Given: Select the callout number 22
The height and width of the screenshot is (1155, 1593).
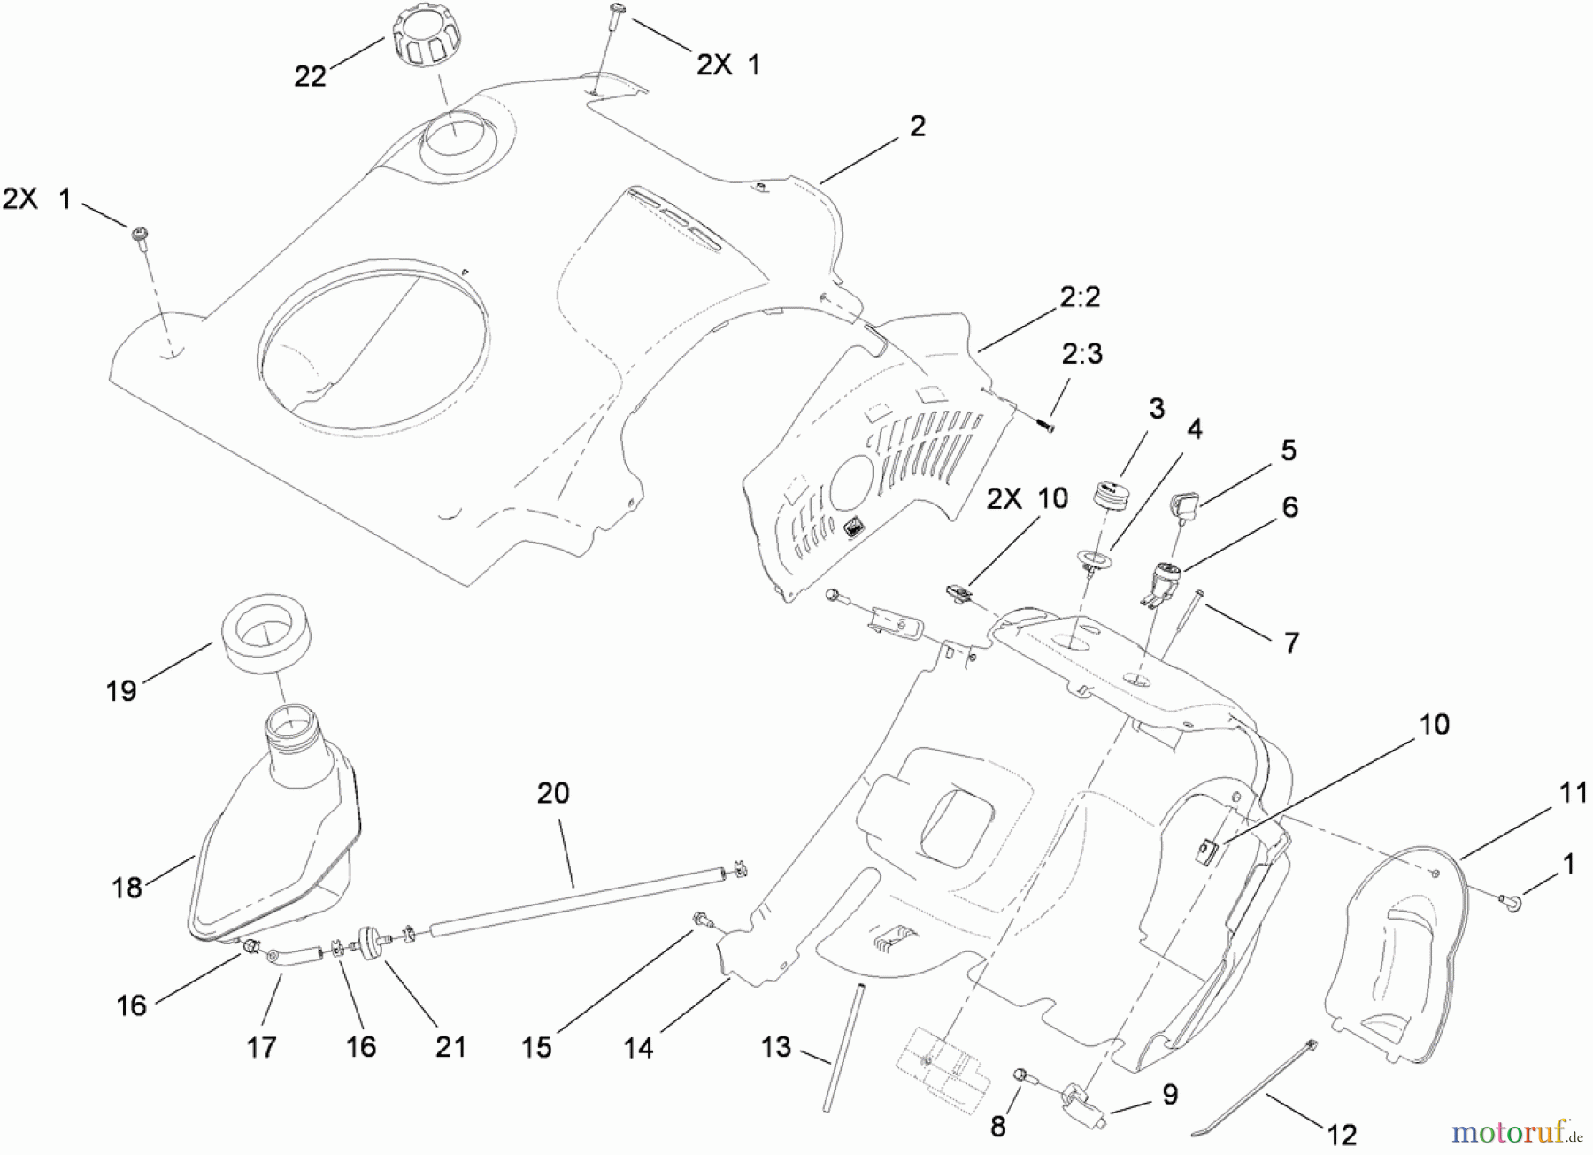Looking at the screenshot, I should point(311,77).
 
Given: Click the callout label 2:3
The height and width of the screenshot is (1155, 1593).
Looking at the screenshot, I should point(1081,354).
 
